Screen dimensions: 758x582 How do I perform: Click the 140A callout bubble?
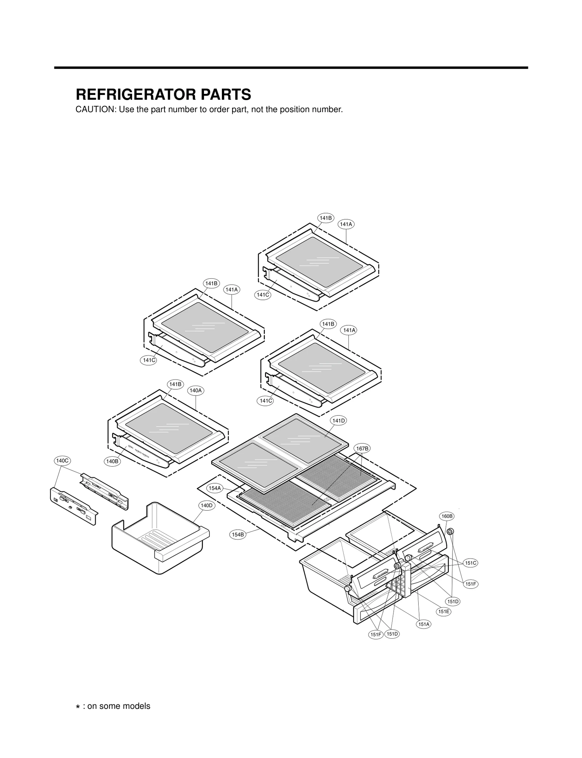click(195, 390)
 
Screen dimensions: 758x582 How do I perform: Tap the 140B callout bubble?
click(112, 461)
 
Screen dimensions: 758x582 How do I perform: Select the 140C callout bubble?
click(62, 460)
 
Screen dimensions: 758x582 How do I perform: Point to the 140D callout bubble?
click(207, 505)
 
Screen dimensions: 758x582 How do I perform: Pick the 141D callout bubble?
click(338, 421)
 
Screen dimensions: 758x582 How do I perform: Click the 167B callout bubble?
click(362, 449)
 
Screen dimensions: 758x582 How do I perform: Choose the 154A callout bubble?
click(215, 488)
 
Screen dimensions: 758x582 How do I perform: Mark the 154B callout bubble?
click(238, 534)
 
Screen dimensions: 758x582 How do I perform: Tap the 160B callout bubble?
click(447, 516)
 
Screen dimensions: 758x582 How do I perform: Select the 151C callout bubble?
click(471, 563)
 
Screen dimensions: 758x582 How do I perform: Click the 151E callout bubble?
click(444, 611)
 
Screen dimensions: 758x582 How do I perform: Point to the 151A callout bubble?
click(424, 624)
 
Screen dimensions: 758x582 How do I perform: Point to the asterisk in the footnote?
click(78, 707)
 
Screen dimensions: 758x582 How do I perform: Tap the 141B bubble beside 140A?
click(175, 384)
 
